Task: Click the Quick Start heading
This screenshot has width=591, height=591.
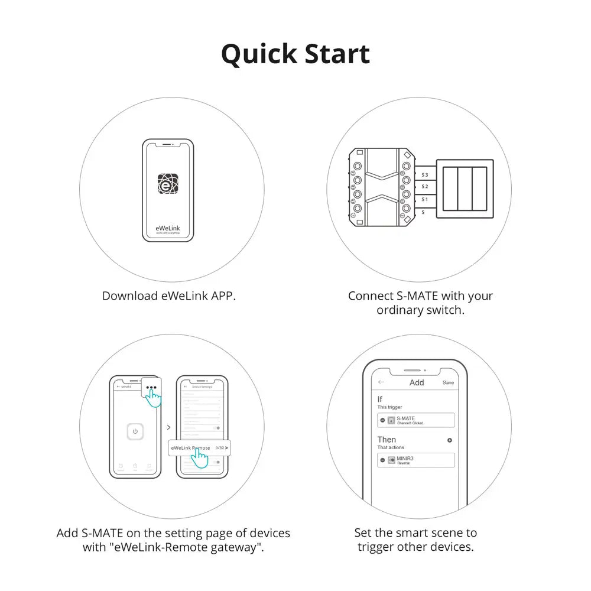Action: [x=295, y=54]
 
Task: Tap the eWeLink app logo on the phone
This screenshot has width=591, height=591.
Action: [x=168, y=184]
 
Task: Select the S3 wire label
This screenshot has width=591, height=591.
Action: [x=425, y=176]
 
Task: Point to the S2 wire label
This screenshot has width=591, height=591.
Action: [x=425, y=187]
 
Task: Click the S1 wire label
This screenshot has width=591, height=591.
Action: [x=425, y=200]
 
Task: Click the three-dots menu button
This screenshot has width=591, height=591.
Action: [x=152, y=389]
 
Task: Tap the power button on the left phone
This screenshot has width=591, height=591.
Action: [x=135, y=431]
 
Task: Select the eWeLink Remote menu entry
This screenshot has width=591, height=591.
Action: [x=191, y=448]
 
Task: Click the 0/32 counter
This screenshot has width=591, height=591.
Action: [x=220, y=448]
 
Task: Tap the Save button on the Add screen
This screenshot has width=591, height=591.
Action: [x=449, y=382]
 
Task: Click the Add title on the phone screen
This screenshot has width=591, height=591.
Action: [x=417, y=382]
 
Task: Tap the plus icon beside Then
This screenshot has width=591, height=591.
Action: [x=450, y=440]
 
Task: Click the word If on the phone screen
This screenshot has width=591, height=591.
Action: [x=380, y=400]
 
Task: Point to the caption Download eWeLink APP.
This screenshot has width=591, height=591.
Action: [x=169, y=295]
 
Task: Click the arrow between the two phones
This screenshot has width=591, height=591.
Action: [x=168, y=427]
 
